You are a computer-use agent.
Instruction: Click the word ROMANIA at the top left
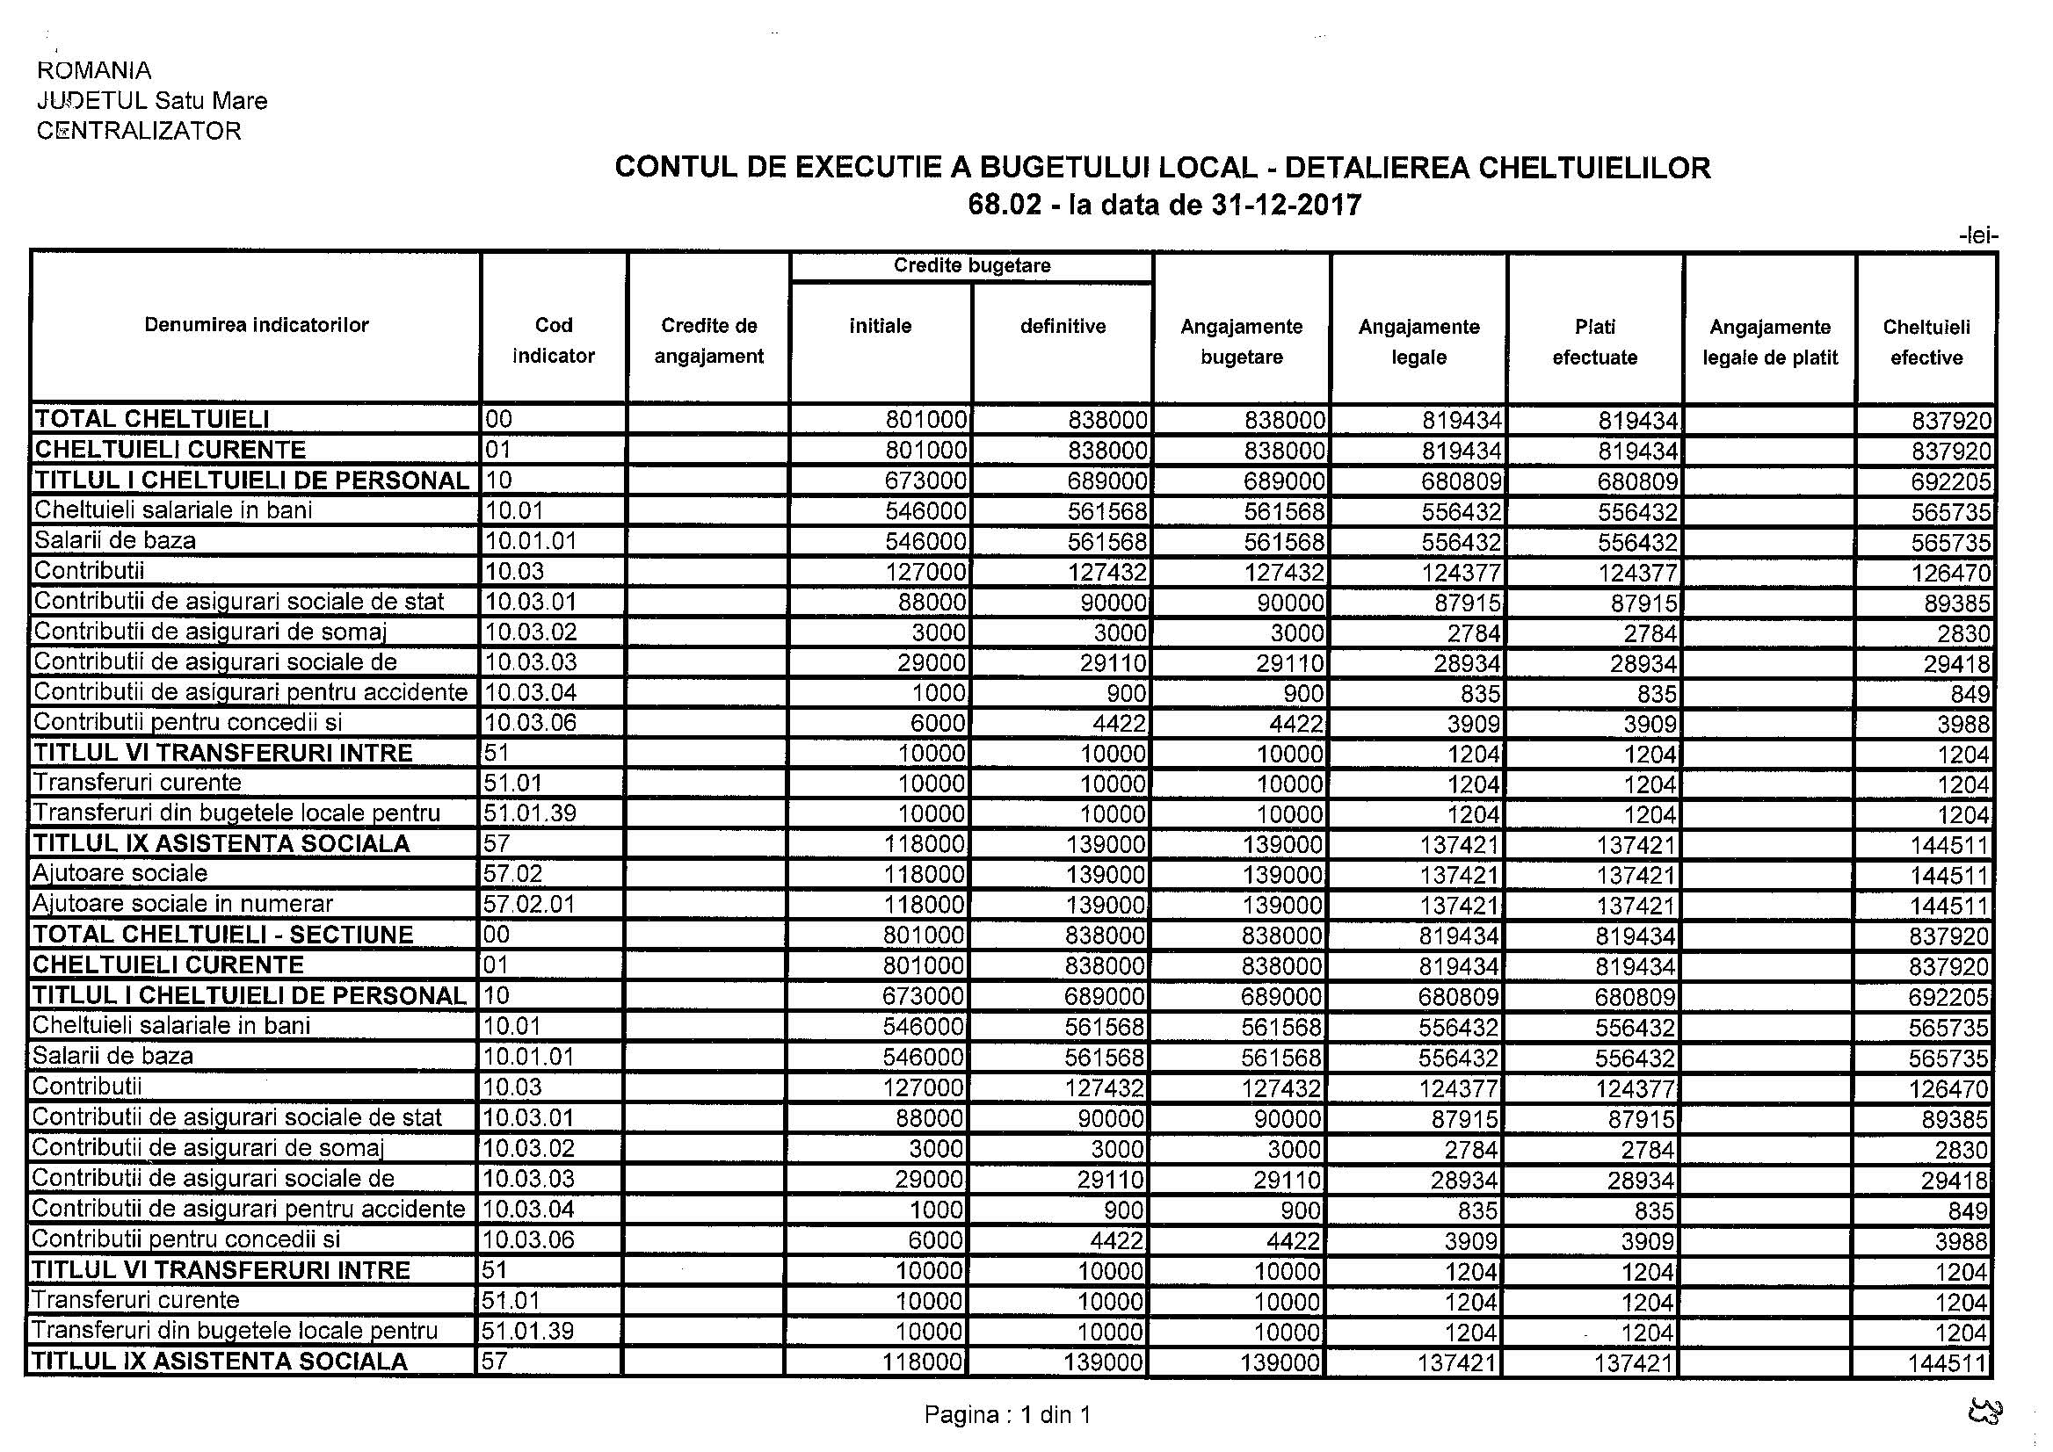94,70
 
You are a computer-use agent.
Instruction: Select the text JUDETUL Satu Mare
152,100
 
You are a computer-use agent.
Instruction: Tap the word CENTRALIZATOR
139,131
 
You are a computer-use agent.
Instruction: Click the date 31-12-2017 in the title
1286,206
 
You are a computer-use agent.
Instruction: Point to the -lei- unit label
1977,236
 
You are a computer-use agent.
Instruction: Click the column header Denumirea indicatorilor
256,325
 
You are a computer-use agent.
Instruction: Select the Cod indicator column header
553,341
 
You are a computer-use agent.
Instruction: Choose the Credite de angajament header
708,341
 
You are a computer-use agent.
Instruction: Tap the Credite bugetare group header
971,266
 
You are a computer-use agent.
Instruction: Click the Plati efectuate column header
1594,342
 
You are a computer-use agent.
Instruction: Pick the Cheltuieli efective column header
1926,342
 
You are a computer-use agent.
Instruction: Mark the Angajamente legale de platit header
1769,342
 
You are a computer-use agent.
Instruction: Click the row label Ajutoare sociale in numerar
183,904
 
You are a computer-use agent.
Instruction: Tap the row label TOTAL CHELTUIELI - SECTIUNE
222,935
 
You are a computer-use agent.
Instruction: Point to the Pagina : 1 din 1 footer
1007,1414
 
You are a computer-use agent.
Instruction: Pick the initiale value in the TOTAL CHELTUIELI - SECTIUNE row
925,936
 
